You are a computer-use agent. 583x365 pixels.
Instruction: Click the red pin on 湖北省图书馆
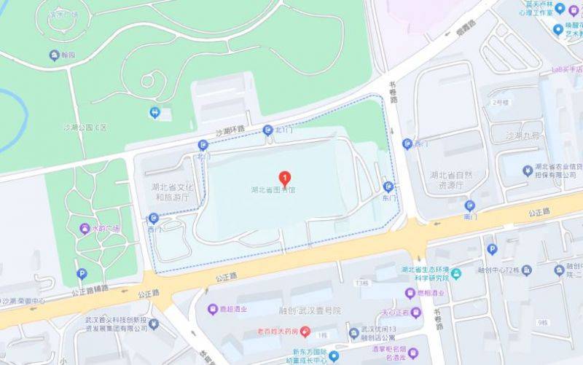[286, 177]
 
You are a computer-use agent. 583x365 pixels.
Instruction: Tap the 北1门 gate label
[281, 130]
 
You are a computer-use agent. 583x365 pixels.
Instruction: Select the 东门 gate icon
[388, 186]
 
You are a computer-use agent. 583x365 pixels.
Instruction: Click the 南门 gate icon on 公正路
[470, 205]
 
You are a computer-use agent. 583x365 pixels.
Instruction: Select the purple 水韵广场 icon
[85, 228]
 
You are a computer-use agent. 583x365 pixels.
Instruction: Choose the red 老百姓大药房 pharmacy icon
[306, 333]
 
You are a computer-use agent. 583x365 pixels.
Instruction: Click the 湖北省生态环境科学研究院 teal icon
[456, 273]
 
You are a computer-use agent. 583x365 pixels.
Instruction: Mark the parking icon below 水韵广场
[82, 275]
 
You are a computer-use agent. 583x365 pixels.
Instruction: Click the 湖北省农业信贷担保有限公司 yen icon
[528, 170]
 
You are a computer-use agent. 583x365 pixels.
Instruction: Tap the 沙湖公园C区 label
[87, 127]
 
